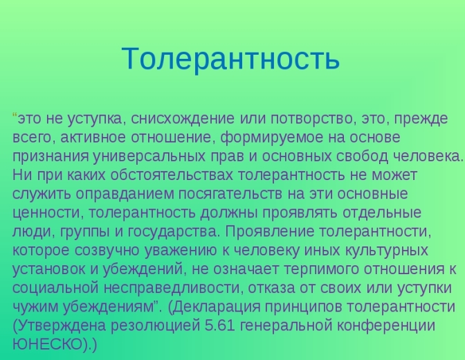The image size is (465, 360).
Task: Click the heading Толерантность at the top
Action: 230,58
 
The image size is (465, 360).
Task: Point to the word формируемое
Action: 272,138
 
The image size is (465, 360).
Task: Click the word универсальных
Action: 149,156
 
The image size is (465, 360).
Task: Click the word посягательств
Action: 230,194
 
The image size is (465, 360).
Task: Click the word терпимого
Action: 321,269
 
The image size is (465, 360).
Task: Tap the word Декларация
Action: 216,307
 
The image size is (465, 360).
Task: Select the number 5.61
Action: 220,325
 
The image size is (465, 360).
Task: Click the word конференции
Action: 386,325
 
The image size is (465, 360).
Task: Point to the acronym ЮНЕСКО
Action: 48,344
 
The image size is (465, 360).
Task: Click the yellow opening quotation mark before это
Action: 15,115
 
